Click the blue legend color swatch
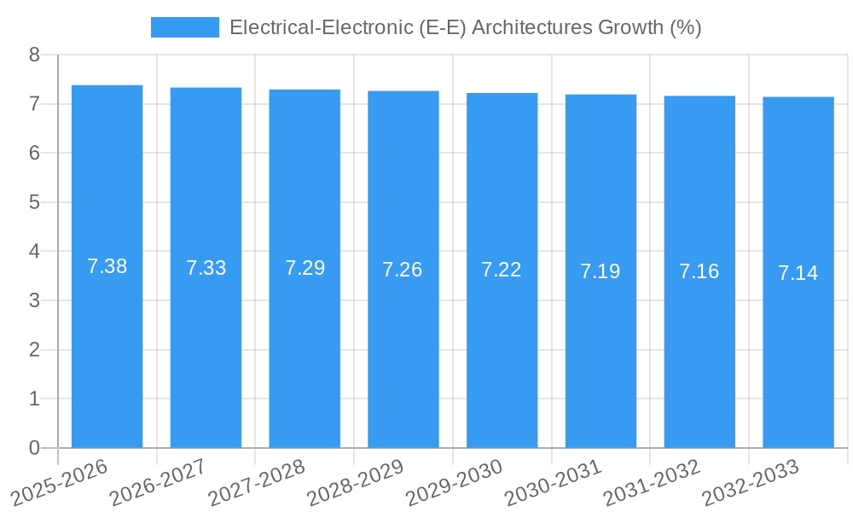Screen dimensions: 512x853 [x=184, y=27]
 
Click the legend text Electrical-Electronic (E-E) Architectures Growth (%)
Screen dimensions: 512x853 [x=465, y=27]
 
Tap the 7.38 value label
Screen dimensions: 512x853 [x=107, y=266]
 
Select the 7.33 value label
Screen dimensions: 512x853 [x=206, y=268]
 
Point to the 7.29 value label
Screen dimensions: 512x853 [x=305, y=268]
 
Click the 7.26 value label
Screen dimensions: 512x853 [x=403, y=270]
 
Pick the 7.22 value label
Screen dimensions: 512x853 [x=502, y=270]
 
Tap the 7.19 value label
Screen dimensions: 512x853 [x=601, y=271]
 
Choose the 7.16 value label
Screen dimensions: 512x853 [x=699, y=271]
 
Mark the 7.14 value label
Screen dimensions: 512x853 [x=798, y=273]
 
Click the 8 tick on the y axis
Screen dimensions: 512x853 [x=34, y=55]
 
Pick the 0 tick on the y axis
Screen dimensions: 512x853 [x=34, y=448]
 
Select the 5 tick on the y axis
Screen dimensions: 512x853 [x=34, y=202]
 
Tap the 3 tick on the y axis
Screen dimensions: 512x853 [x=34, y=300]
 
